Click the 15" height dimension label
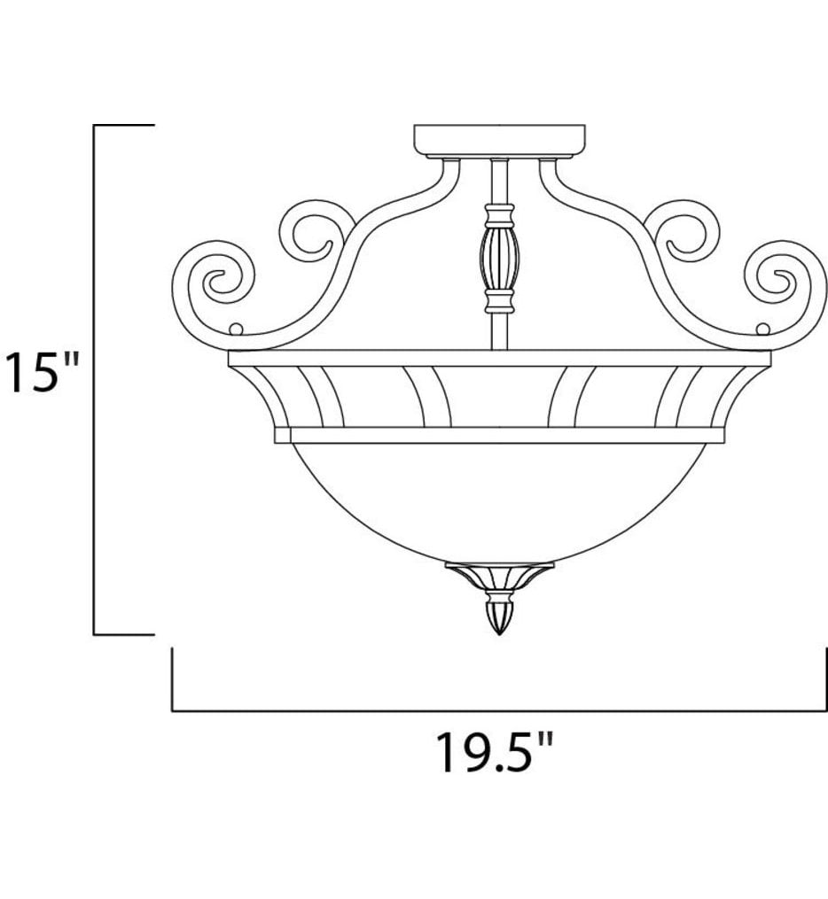(43, 373)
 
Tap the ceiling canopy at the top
(500, 140)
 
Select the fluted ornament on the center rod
(499, 258)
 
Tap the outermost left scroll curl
(217, 282)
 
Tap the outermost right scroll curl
(783, 282)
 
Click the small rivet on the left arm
(236, 329)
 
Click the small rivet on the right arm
(762, 329)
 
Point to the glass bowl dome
(500, 500)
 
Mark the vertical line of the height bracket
(95, 381)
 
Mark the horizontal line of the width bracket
(496, 710)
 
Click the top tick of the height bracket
(124, 127)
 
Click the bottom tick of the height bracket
(124, 634)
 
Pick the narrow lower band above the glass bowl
(500, 435)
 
